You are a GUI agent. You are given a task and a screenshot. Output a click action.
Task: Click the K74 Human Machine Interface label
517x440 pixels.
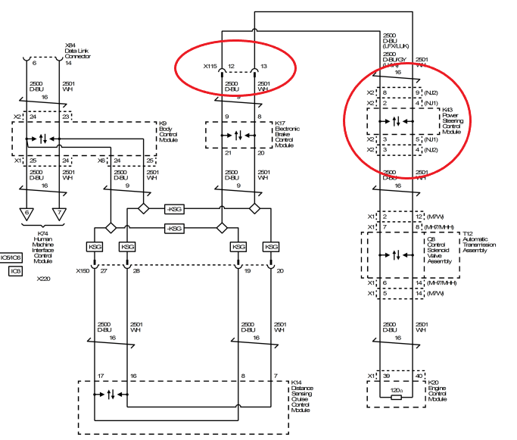[x=43, y=249]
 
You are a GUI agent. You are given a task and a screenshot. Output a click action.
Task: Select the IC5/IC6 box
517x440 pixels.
[x=11, y=257]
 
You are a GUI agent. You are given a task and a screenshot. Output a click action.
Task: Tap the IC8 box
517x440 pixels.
[x=15, y=270]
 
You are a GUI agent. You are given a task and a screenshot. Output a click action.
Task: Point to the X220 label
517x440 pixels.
[x=44, y=279]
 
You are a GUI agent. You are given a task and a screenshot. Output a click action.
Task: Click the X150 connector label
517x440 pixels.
[x=82, y=270]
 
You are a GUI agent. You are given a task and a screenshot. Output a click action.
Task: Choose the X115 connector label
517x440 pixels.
[x=210, y=66]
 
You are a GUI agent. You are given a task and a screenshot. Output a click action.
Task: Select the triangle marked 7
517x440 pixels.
[x=59, y=214]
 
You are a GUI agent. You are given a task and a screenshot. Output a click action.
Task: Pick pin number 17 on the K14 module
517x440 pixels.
[x=100, y=376]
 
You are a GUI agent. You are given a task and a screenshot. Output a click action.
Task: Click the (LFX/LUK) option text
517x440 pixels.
[x=398, y=43]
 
